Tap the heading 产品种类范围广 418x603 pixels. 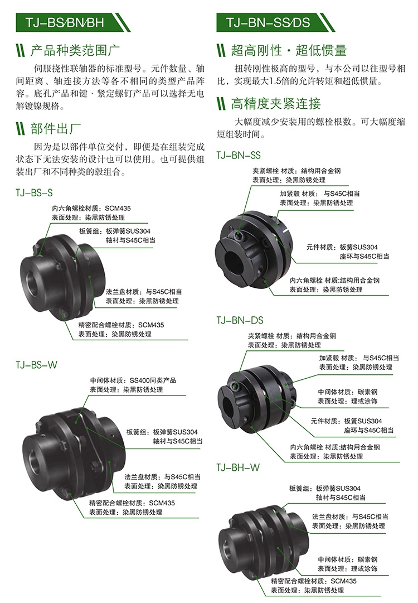[x=75, y=50]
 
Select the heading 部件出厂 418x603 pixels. [x=55, y=128]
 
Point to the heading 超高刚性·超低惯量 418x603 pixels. [x=289, y=50]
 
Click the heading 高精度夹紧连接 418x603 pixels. [x=276, y=103]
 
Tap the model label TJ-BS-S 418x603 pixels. [x=34, y=192]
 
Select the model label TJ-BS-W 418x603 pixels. [x=36, y=365]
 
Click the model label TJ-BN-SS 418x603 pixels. [x=239, y=156]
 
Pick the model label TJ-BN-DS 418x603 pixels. [x=240, y=320]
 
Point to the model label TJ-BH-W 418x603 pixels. [x=238, y=467]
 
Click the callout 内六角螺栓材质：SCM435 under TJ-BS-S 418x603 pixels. [x=91, y=209]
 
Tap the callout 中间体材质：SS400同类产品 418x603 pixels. [x=133, y=380]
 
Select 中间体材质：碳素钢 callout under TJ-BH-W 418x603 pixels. [x=347, y=559]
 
